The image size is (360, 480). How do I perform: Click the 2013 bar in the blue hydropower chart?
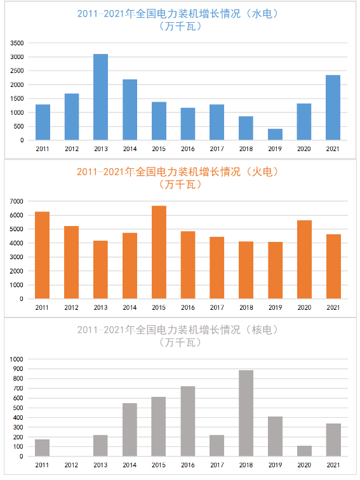101,97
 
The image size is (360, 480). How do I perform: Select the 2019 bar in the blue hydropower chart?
275,135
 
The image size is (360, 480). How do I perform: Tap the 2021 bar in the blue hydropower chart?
333,107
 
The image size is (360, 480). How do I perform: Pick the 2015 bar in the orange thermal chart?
159,252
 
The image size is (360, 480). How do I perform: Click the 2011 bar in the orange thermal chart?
43,255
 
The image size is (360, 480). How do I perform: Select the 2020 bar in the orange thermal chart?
304,260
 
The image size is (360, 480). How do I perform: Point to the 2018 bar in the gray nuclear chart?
246,413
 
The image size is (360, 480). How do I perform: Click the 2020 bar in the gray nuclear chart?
304,451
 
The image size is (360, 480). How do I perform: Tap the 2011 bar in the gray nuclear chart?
43,448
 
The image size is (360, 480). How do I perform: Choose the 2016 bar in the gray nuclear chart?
188,421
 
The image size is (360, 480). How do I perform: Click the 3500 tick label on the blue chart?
17,43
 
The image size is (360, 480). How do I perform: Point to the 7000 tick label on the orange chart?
17,201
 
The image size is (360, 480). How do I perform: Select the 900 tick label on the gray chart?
18,369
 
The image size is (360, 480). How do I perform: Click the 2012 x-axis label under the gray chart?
71,465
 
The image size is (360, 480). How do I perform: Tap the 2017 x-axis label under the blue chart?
217,149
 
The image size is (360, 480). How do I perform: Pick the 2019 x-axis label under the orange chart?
275,307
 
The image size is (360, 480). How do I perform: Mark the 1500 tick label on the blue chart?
17,98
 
